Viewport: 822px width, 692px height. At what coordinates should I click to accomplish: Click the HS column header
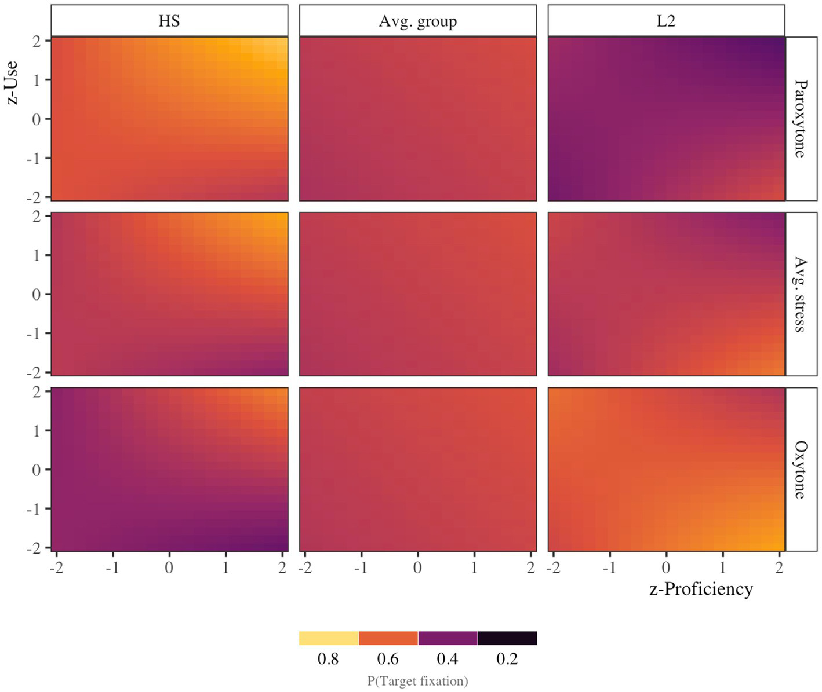tap(169, 21)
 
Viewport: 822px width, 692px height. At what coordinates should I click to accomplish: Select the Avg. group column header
tap(417, 21)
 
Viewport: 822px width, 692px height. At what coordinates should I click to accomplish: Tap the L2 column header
tap(666, 21)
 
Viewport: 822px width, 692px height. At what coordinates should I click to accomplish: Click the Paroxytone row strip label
tap(801, 119)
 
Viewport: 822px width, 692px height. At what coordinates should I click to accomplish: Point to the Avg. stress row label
tap(801, 294)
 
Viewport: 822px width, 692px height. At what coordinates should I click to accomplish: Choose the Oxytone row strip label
tap(801, 470)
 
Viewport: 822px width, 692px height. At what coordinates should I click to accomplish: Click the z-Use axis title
tap(12, 82)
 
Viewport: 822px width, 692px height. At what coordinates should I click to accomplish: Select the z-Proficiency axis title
tap(701, 589)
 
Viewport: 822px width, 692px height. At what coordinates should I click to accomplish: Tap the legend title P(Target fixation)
tap(417, 681)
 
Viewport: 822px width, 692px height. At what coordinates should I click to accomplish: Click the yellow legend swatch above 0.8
tap(329, 638)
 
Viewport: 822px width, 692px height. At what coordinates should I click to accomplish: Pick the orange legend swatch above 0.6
tap(388, 638)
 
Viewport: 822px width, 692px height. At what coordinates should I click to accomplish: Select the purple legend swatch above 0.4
tap(448, 638)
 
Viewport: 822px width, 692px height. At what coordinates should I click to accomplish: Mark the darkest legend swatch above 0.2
tap(507, 638)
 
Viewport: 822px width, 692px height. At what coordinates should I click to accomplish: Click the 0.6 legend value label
tap(388, 659)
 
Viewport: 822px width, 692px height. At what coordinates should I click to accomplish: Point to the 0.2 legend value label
tap(507, 659)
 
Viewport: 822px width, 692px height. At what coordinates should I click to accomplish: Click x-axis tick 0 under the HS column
tap(169, 567)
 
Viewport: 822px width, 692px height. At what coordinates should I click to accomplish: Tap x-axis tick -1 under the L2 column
tap(609, 567)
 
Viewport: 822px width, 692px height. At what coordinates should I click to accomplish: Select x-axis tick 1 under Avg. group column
tap(474, 567)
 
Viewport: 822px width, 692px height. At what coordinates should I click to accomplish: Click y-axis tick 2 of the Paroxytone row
tap(37, 41)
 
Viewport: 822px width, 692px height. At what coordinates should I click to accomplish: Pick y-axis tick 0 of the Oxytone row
tap(37, 470)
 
